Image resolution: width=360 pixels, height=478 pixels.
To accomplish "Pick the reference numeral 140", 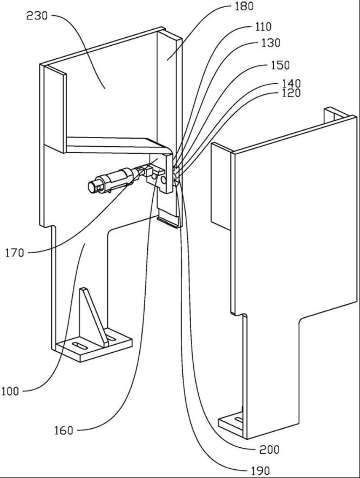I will [x=290, y=84].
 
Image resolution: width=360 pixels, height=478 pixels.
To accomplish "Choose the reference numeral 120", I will [x=290, y=93].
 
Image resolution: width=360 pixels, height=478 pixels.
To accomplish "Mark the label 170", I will [x=15, y=251].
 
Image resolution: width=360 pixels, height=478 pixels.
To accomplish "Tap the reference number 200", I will [x=269, y=449].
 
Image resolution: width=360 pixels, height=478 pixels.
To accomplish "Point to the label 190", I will [x=259, y=471].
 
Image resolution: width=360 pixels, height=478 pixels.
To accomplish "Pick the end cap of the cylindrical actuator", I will [x=93, y=187].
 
